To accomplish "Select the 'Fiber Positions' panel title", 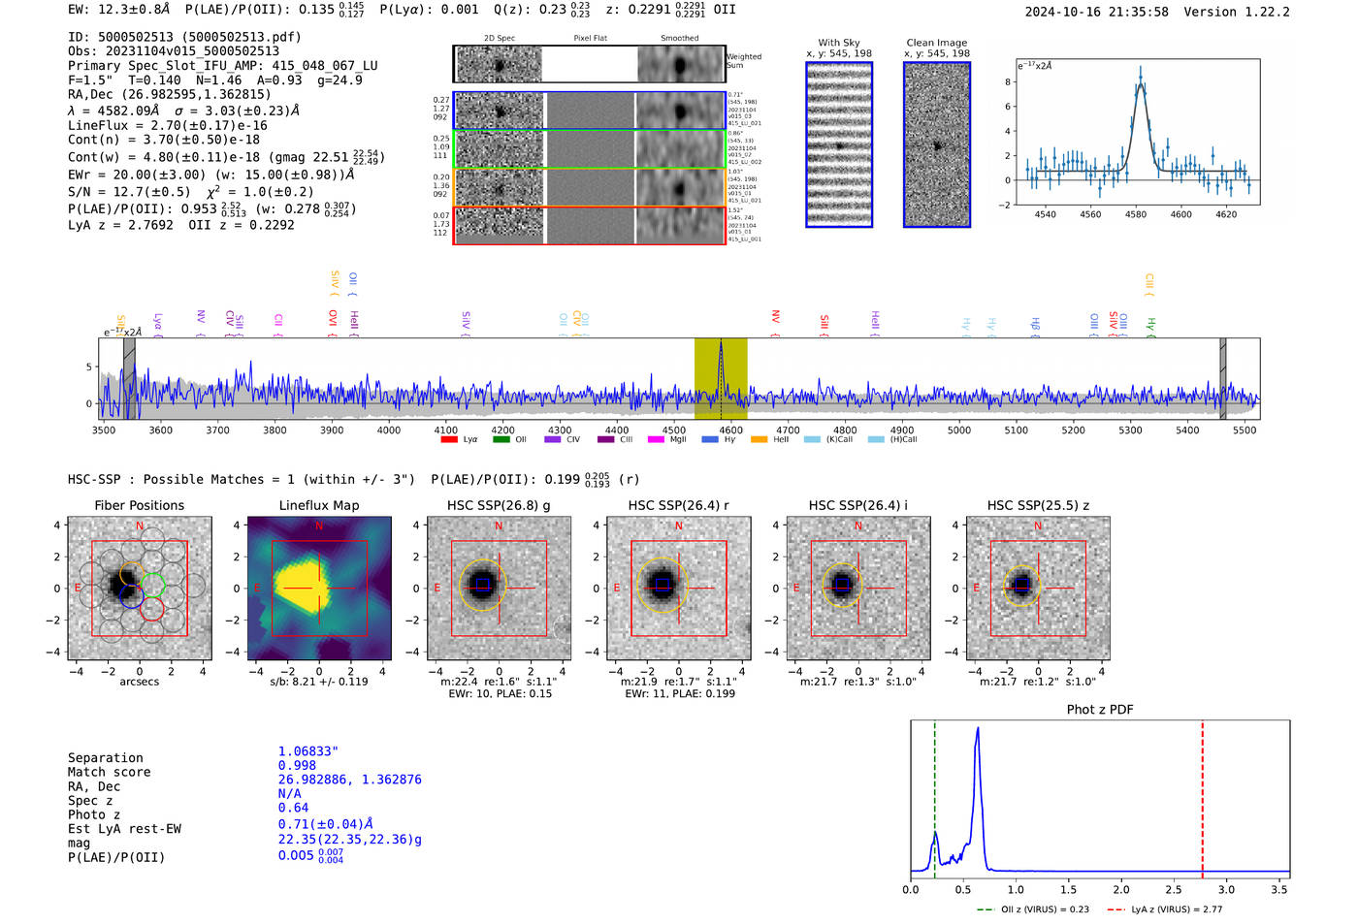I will pyautogui.click(x=139, y=505).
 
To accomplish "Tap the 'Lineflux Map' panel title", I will pyautogui.click(x=319, y=505).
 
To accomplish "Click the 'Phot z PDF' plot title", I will pyautogui.click(x=1100, y=710).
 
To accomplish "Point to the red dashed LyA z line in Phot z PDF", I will pyautogui.click(x=1203, y=795).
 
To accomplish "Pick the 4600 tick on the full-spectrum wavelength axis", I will pyautogui.click(x=731, y=430).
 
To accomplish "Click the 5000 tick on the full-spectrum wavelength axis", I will pyautogui.click(x=959, y=430).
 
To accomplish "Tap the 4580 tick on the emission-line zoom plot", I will pyautogui.click(x=1136, y=214).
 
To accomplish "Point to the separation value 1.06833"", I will pyautogui.click(x=307, y=751).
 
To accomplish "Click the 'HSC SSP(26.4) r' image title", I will pyautogui.click(x=679, y=505).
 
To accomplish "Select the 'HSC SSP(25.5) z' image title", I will pyautogui.click(x=1038, y=505).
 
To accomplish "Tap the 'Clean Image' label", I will pyautogui.click(x=936, y=43).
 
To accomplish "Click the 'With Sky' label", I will pyautogui.click(x=839, y=43).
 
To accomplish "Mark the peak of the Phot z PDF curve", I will pyautogui.click(x=978, y=728).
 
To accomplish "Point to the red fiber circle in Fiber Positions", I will pyautogui.click(x=152, y=609).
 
